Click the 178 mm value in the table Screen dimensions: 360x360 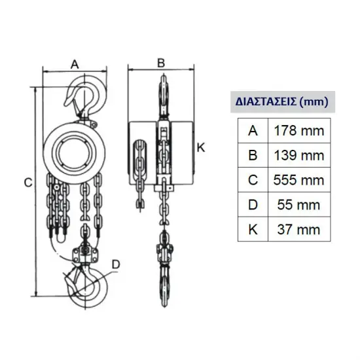pos(299,131)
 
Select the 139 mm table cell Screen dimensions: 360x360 pos(299,155)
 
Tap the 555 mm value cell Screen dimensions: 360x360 pos(299,180)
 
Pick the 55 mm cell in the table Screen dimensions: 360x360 pos(299,205)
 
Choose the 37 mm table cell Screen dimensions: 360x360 pos(299,229)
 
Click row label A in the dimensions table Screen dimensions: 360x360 pos(253,131)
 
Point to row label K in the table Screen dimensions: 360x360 pos(253,229)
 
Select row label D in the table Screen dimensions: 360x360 pos(253,205)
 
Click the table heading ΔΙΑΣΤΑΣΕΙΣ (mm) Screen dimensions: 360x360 pos(282,101)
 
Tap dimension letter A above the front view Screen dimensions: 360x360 pos(75,65)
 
